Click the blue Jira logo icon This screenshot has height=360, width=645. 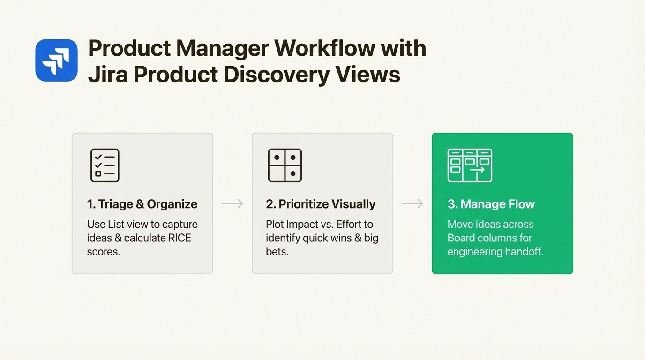[x=56, y=60]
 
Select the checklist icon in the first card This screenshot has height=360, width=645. [x=105, y=165]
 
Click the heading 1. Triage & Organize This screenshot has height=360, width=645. [x=142, y=204]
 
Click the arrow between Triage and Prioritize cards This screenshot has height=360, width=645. [x=232, y=203]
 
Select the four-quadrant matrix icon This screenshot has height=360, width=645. [x=285, y=165]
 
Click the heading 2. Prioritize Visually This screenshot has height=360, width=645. [x=321, y=204]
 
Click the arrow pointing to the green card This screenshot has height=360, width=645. [x=412, y=203]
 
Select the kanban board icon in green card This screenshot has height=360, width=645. [x=470, y=165]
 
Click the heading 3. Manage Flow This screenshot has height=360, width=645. [x=491, y=204]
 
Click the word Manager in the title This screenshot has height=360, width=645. [x=217, y=48]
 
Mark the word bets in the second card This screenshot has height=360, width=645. [x=276, y=252]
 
